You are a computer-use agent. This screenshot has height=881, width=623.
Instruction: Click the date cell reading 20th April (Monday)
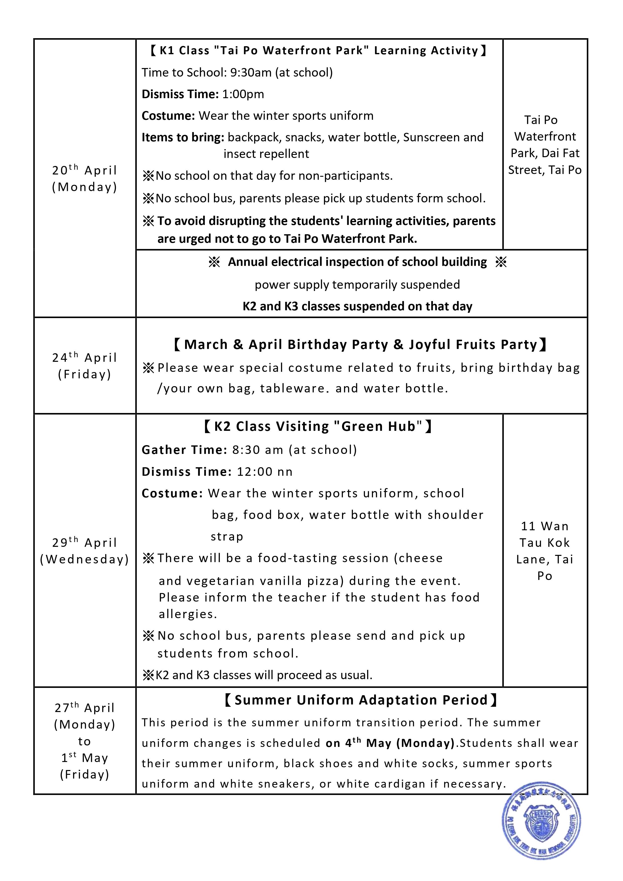point(84,179)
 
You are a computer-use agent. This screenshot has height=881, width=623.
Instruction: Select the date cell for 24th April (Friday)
point(84,366)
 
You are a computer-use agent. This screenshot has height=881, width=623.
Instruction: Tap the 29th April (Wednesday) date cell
point(84,551)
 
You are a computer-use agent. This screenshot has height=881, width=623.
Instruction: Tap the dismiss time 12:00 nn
point(264,472)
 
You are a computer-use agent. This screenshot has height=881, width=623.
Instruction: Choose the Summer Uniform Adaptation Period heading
point(361,700)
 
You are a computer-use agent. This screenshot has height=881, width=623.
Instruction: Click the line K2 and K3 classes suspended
point(357,307)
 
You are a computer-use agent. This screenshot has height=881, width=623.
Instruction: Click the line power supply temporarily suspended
point(357,285)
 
